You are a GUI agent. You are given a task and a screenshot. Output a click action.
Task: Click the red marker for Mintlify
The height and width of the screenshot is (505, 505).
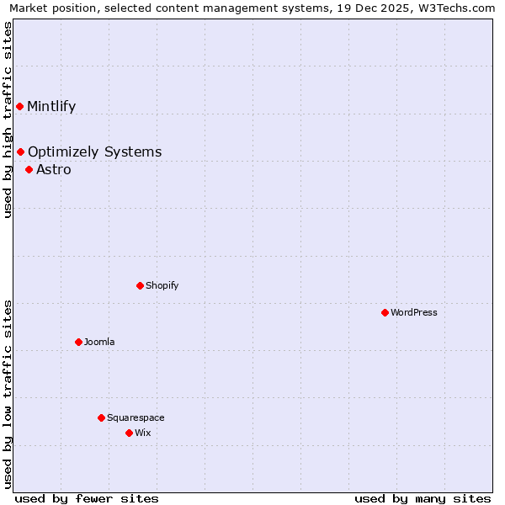(19, 106)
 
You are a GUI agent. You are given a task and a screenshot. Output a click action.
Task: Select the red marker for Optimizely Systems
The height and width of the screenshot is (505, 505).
(20, 151)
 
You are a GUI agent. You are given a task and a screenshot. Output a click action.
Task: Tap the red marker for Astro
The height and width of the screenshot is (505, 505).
(29, 169)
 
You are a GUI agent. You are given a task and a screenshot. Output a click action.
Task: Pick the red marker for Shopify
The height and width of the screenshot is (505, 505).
(140, 285)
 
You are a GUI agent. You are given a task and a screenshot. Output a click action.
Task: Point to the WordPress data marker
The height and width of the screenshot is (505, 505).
(385, 312)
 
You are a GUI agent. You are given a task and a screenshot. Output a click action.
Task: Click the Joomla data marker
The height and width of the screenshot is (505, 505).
(78, 342)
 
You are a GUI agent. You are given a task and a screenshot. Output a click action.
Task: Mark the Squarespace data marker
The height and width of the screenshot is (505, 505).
(101, 417)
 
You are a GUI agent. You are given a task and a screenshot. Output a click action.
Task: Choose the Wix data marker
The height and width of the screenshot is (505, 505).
(129, 433)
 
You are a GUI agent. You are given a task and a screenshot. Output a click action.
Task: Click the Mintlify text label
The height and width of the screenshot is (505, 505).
(51, 106)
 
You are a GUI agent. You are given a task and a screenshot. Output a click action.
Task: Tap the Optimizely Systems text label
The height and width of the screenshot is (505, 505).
(94, 151)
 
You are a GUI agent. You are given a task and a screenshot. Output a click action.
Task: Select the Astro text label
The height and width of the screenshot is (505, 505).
(54, 169)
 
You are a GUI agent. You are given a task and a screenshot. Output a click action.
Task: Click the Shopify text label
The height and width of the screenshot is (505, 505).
(162, 285)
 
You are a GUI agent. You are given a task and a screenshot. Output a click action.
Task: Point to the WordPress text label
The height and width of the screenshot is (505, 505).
(413, 312)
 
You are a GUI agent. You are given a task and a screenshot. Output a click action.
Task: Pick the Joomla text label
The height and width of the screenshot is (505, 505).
(99, 342)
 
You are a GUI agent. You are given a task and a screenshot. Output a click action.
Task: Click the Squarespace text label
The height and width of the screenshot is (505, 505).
(136, 417)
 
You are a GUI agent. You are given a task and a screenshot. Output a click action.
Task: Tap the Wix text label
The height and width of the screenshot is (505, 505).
(142, 433)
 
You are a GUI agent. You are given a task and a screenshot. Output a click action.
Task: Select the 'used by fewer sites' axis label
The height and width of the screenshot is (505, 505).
(87, 498)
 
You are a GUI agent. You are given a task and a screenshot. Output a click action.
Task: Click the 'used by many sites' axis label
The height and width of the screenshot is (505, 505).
(423, 498)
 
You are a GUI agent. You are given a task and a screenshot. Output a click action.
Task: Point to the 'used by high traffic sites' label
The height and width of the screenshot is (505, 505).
(8, 120)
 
